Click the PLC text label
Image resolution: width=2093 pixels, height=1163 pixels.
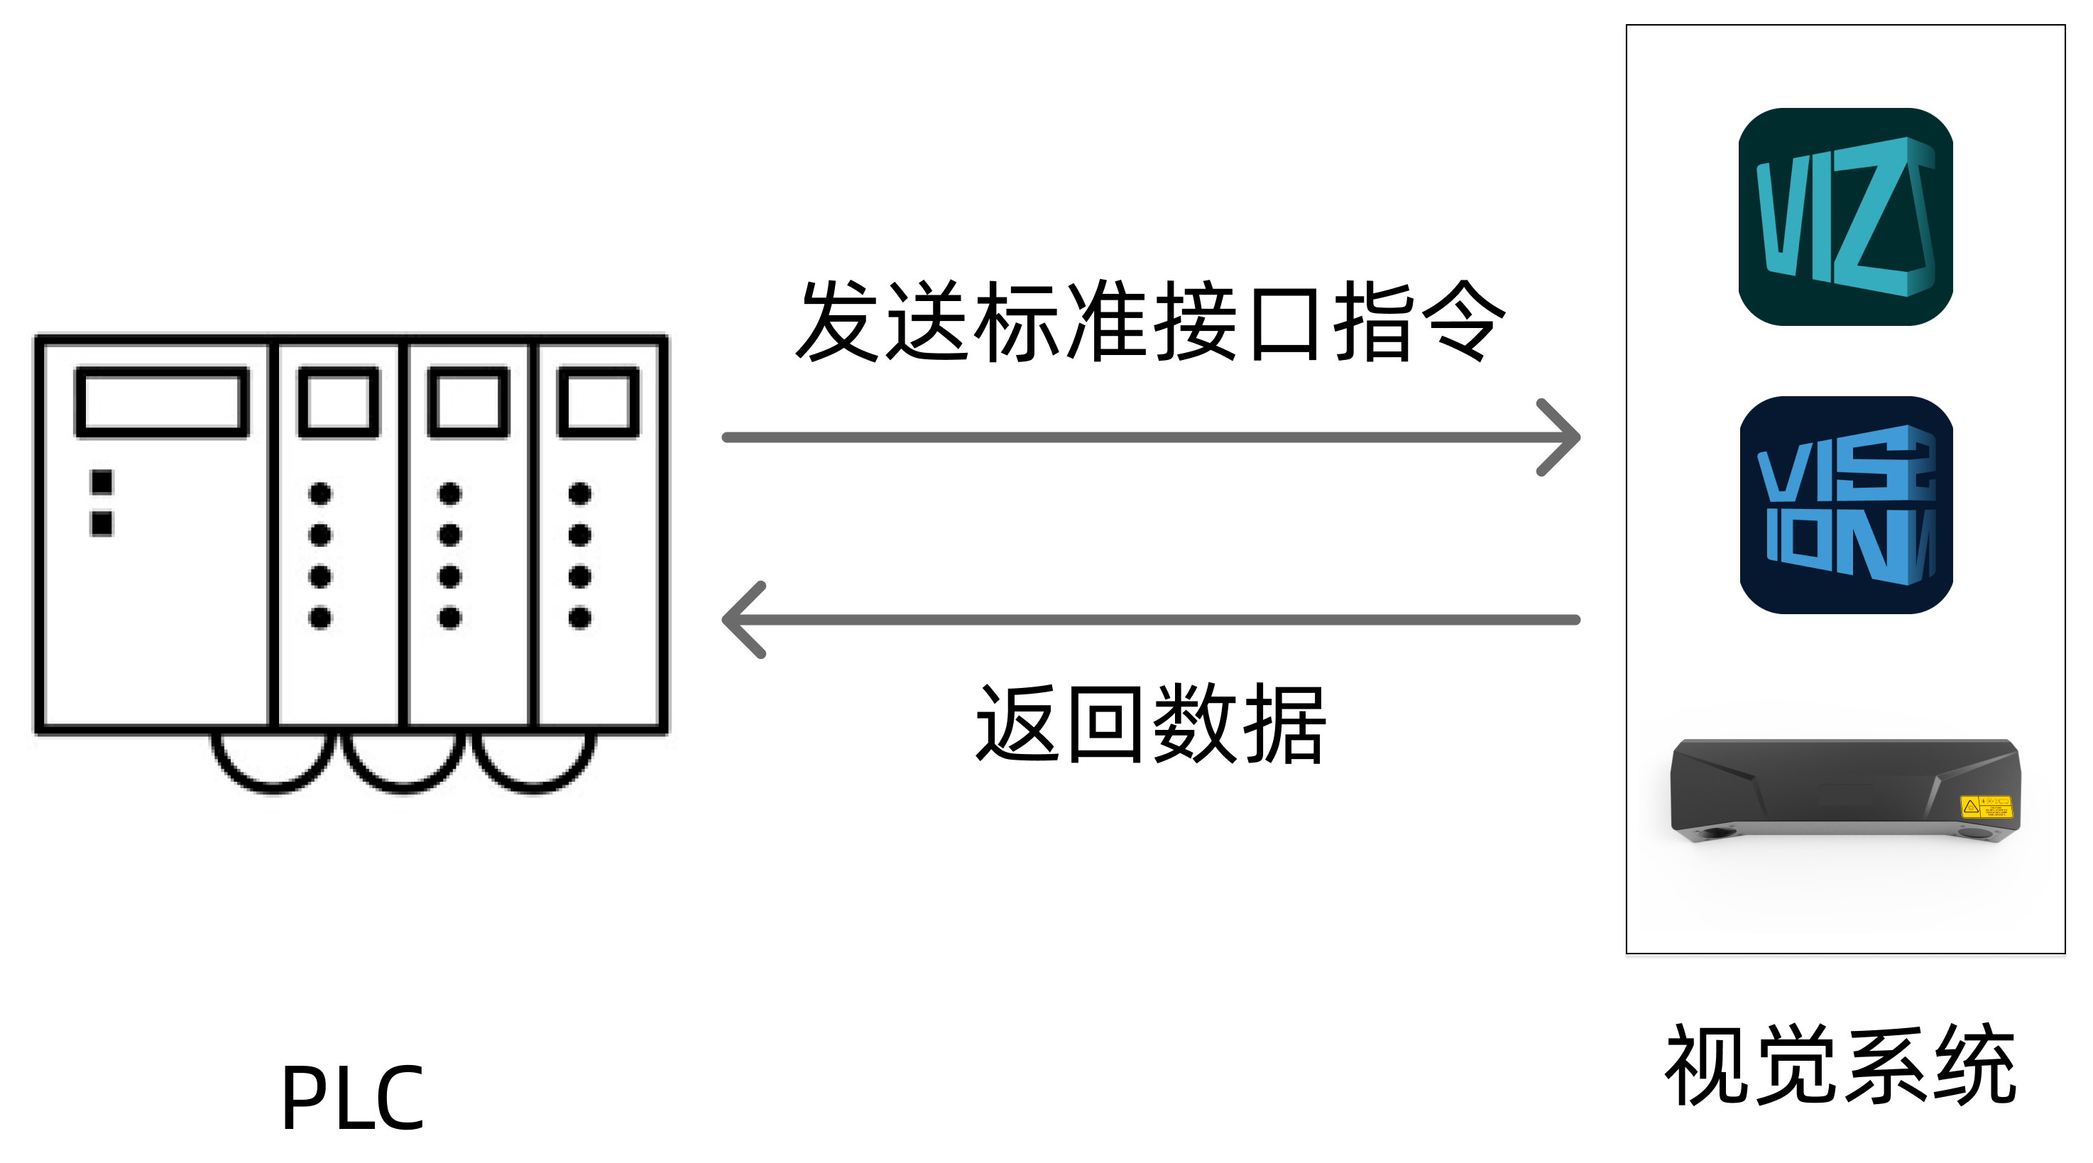[x=352, y=1097]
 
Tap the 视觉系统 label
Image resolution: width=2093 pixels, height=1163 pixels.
[x=1840, y=1064]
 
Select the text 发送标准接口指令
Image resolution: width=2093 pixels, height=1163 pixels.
[x=1149, y=321]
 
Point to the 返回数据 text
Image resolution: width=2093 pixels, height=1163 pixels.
[x=1149, y=724]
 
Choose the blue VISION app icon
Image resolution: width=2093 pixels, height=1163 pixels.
[x=1845, y=504]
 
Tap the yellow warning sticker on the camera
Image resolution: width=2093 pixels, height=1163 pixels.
[x=1985, y=806]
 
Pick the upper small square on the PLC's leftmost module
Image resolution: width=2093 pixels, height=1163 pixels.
[x=102, y=482]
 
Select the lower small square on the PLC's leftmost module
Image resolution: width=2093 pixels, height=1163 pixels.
[x=102, y=523]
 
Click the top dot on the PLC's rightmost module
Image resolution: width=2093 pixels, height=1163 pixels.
[x=579, y=493]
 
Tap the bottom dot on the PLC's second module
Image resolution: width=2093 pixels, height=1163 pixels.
[x=320, y=618]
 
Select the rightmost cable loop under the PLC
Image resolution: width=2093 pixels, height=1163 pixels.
[x=533, y=768]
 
